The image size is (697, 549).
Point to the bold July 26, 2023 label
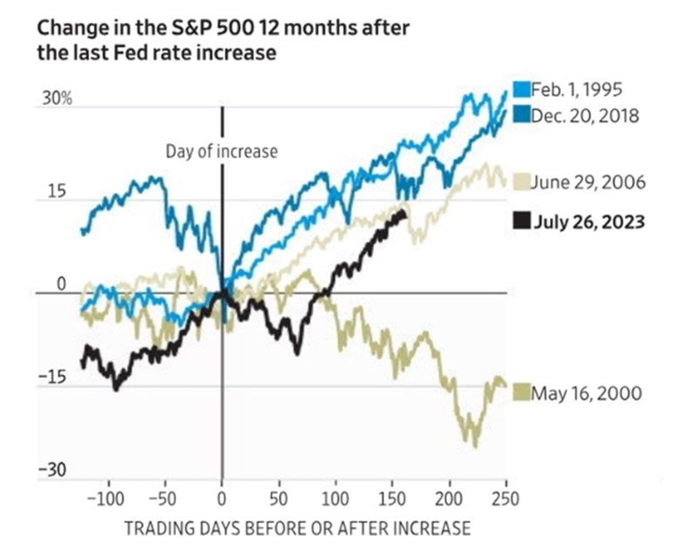(x=589, y=221)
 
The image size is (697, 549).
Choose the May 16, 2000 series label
(x=587, y=393)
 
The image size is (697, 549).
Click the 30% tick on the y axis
(x=55, y=100)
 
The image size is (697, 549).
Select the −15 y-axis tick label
(x=53, y=378)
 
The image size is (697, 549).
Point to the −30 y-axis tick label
(x=53, y=471)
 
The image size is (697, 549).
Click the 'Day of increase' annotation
(x=221, y=152)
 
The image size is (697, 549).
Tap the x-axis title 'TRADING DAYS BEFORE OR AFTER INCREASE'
(x=298, y=527)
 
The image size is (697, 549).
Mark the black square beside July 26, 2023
(x=521, y=221)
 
